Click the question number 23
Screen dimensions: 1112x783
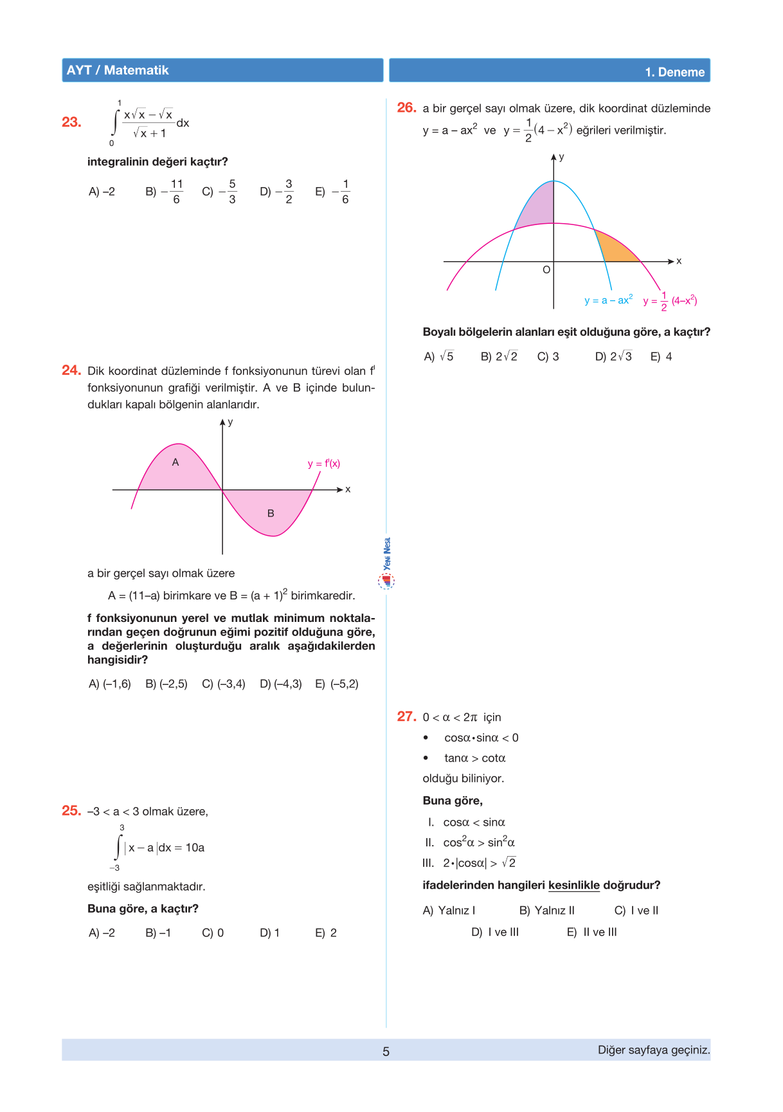pos(71,122)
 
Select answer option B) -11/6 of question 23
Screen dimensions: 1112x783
pos(165,192)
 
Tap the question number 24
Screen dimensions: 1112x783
pos(71,370)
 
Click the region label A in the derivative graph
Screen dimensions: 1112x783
pos(175,462)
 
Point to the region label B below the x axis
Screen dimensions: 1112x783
pos(271,513)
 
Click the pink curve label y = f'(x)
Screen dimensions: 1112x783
pos(323,464)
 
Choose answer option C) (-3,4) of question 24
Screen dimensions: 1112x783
pos(224,684)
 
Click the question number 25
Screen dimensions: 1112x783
pos(71,811)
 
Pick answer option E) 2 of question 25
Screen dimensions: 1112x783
pos(326,933)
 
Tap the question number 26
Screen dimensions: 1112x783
pos(406,108)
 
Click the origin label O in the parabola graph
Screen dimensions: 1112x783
pos(546,270)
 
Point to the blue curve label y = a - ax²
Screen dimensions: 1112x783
pos(608,300)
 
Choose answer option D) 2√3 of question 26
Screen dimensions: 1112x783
pos(613,356)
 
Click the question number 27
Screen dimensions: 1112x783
pos(406,716)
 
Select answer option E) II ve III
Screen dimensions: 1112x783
pos(592,932)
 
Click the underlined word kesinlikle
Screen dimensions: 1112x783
pos(573,885)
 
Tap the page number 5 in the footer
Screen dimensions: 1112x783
pos(386,1052)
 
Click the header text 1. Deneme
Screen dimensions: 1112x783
pos(674,72)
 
